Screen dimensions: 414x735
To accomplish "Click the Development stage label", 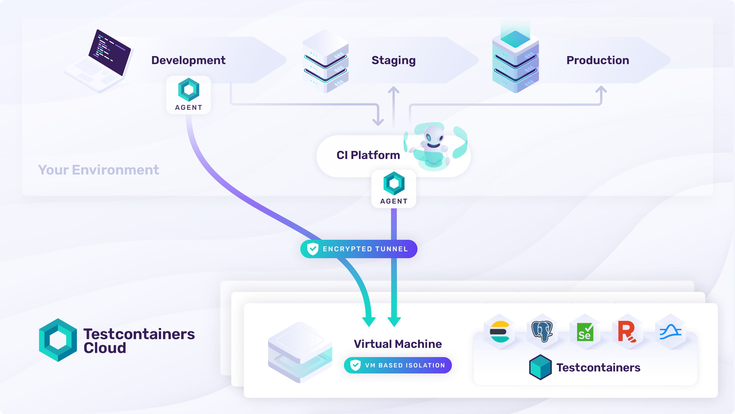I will (x=188, y=60).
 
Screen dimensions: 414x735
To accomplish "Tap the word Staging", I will (x=393, y=60).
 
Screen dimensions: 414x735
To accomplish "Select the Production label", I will (x=598, y=60).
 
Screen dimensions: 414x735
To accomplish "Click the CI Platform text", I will (x=368, y=155).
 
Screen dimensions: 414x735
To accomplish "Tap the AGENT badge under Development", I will (x=189, y=95).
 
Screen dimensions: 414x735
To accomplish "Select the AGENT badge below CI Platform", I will (x=394, y=189).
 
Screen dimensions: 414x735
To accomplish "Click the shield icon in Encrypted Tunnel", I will (x=313, y=249).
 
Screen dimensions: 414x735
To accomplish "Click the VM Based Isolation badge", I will (x=398, y=365).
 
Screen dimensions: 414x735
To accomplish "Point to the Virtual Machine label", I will (x=398, y=344).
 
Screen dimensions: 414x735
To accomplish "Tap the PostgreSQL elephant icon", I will (x=542, y=331).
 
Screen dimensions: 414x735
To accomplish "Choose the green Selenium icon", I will (x=585, y=332).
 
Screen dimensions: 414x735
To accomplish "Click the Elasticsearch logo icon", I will (x=500, y=332).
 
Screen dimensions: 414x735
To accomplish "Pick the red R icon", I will (x=627, y=332).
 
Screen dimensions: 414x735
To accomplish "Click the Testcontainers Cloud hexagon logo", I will (x=58, y=340).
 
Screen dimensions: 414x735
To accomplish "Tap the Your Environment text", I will (x=98, y=170).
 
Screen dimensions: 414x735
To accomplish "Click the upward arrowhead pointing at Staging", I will (x=394, y=90).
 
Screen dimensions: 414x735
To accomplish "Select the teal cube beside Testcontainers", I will (x=540, y=367).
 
